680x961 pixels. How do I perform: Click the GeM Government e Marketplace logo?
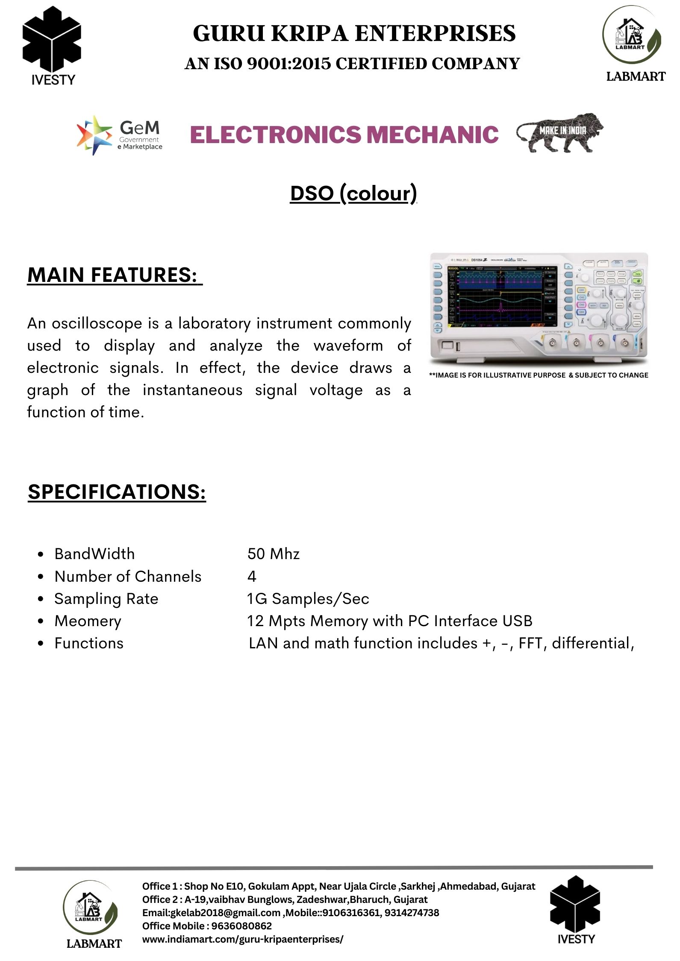point(119,135)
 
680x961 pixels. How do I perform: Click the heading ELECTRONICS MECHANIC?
point(344,135)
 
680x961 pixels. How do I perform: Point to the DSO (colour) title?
point(353,193)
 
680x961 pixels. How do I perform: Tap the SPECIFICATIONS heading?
point(117,492)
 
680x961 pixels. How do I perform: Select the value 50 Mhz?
point(274,554)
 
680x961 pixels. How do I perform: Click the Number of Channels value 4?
point(252,577)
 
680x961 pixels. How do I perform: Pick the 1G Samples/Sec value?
point(308,599)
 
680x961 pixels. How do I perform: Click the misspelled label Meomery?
point(88,621)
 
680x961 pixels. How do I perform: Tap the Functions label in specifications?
point(89,643)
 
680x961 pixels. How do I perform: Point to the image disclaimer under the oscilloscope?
point(539,375)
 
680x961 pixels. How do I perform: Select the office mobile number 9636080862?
point(241,926)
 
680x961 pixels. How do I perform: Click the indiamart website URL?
point(242,939)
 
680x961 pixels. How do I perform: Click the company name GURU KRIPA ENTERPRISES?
point(354,33)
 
